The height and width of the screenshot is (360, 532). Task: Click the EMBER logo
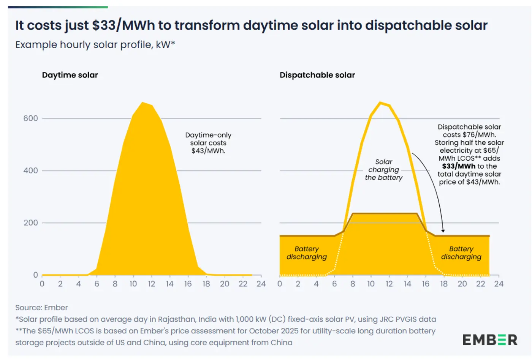tap(489, 339)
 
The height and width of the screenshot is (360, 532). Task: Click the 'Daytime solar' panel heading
tap(70, 75)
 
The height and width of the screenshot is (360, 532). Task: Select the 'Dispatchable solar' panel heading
tap(317, 75)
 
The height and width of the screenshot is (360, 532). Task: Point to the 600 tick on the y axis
tap(31, 118)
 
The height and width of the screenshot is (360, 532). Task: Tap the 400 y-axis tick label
tap(31, 171)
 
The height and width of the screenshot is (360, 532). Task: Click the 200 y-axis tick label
tap(31, 223)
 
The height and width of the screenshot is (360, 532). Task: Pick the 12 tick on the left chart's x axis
tap(151, 284)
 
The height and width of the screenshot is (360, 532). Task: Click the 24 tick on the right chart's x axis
tap(499, 284)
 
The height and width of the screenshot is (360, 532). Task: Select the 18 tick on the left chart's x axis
tap(206, 284)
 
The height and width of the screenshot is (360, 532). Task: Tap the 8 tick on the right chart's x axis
tap(353, 284)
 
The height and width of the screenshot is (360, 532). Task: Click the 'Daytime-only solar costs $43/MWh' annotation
tap(208, 143)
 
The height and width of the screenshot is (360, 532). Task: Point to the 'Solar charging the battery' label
tap(383, 170)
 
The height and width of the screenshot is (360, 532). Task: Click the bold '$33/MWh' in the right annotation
tap(458, 166)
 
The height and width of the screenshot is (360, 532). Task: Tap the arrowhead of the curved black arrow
tap(443, 231)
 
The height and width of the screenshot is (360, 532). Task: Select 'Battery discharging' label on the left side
tap(306, 253)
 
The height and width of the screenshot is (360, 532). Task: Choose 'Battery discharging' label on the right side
tap(461, 253)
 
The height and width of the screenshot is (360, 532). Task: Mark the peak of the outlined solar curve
tap(380, 103)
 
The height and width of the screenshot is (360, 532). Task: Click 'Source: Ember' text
tap(41, 308)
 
